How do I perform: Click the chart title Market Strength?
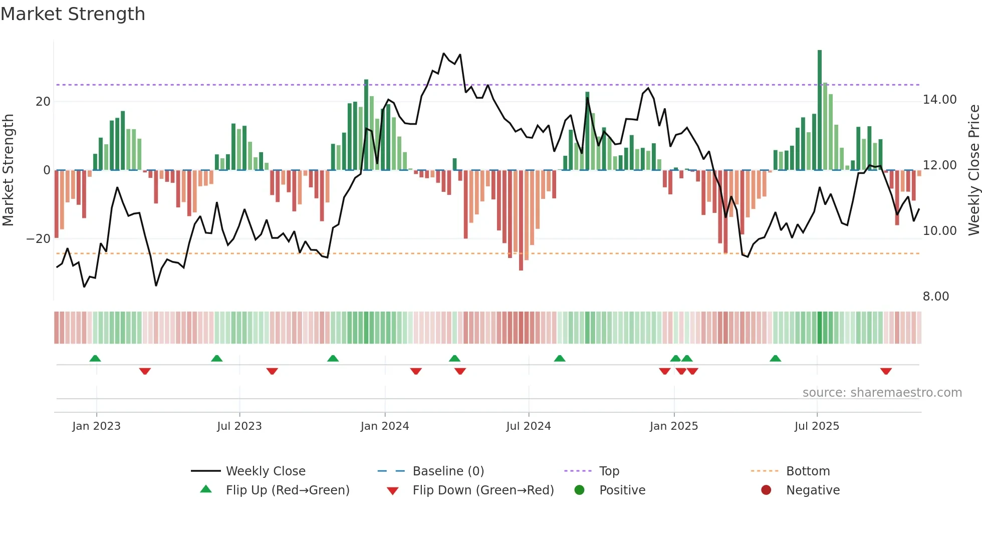pos(73,14)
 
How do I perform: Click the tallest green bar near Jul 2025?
pos(820,110)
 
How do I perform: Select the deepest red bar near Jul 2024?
pos(521,220)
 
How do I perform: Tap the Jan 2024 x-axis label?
pos(385,426)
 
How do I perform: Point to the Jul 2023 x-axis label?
pos(239,426)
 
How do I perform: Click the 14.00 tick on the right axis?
pos(939,100)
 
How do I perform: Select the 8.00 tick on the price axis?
pos(936,297)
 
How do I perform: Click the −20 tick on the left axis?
pos(39,239)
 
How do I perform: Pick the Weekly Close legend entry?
pos(265,471)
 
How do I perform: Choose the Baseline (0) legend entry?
pos(448,471)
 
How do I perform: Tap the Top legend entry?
pos(609,471)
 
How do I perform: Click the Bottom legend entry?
pos(808,471)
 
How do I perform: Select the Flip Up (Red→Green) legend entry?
pos(287,490)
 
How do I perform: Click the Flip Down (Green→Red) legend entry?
pos(483,490)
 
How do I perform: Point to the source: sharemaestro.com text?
pos(882,393)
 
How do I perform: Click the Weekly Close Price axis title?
pos(974,170)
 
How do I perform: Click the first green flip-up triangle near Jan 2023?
pos(95,358)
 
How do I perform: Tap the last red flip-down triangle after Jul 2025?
pos(886,371)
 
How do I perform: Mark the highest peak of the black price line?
pos(444,54)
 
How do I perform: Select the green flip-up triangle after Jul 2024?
pos(560,358)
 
